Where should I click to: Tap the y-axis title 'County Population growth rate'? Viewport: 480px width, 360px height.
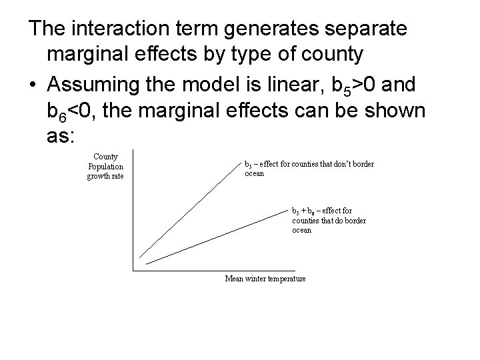pyautogui.click(x=105, y=167)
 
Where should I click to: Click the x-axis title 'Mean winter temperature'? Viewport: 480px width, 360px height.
pyautogui.click(x=265, y=278)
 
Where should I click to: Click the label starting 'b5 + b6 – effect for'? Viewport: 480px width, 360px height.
pyautogui.click(x=329, y=220)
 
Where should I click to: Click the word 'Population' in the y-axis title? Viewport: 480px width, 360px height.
pyautogui.click(x=105, y=167)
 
